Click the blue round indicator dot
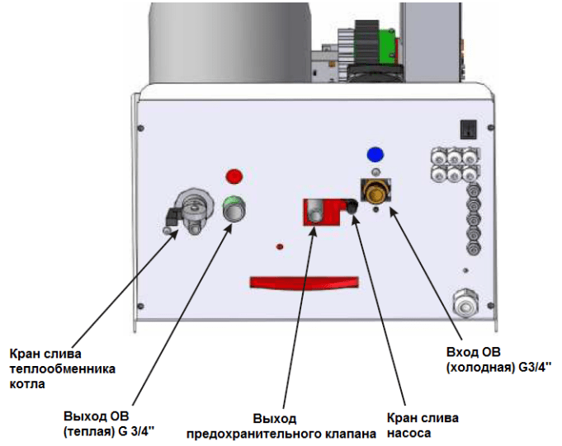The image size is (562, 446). coord(375,153)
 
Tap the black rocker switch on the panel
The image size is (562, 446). coord(467,128)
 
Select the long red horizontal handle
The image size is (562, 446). coord(305,282)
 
